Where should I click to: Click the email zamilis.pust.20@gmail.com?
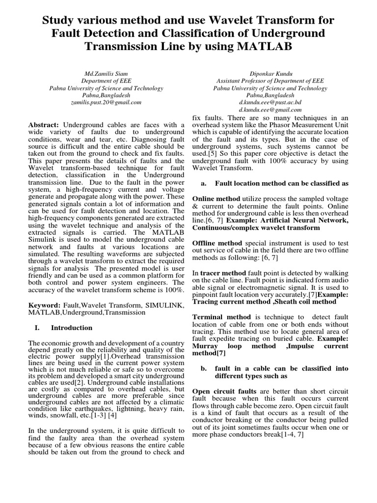pyautogui.click(x=106, y=103)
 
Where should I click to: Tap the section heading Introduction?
pyautogui.click(x=72, y=328)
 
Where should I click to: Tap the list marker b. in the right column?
pyautogui.click(x=204, y=368)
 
